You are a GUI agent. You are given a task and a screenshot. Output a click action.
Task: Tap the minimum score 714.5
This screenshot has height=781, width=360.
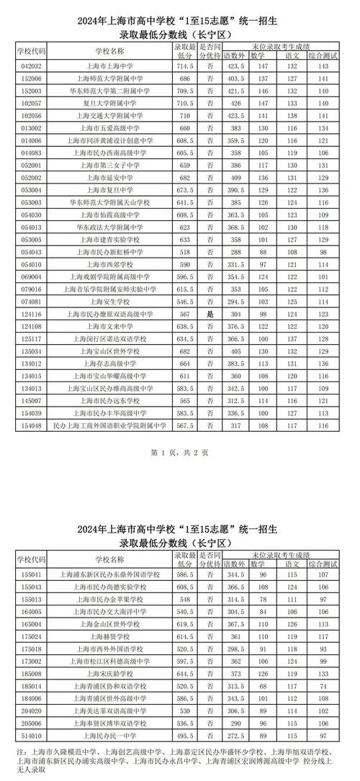click(x=184, y=66)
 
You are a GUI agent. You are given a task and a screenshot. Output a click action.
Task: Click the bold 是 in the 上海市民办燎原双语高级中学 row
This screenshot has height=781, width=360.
click(x=210, y=315)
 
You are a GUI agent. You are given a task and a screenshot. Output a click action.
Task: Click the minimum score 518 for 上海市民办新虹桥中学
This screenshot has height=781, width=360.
click(x=184, y=252)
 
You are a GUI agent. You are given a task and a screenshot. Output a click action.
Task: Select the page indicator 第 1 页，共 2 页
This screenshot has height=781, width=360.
click(x=180, y=452)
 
